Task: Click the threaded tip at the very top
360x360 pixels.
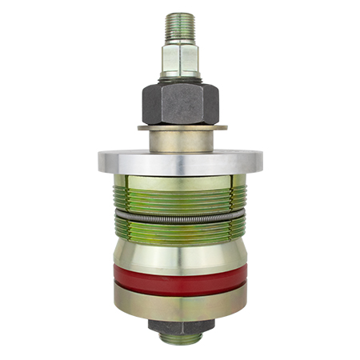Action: (x=180, y=27)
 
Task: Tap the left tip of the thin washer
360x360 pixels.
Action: (x=140, y=126)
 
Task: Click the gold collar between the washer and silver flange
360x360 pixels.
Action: (x=180, y=140)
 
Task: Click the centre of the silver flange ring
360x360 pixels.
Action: (x=180, y=161)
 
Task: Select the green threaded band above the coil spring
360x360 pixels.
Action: (x=180, y=200)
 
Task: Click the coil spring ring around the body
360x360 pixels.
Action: (x=180, y=218)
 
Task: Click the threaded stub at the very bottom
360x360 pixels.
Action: (x=181, y=339)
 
